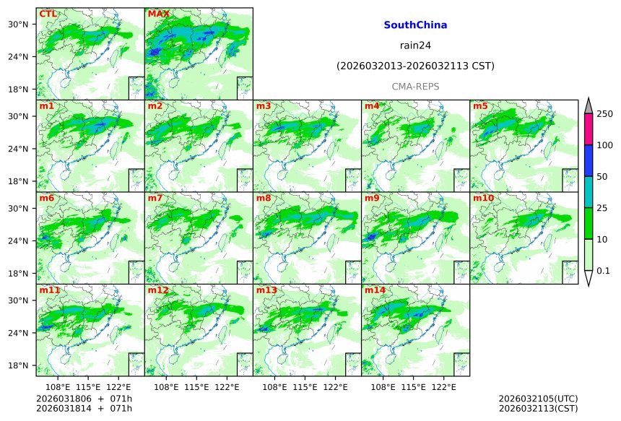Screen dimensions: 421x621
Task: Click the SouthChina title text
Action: pos(415,25)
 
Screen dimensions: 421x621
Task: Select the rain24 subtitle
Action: pos(415,45)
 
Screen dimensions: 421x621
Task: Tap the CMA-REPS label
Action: pos(415,87)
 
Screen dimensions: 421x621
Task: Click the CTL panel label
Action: pos(48,14)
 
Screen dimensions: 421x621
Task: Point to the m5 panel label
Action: pos(480,106)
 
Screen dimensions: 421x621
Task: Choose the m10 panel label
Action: pos(484,198)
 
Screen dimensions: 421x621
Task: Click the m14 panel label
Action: pos(375,290)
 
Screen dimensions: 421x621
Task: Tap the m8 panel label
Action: pos(264,198)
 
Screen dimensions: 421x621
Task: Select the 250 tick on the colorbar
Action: pos(604,114)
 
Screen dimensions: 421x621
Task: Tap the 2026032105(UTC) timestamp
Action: pos(538,399)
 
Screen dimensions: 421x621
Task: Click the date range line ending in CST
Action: pos(415,66)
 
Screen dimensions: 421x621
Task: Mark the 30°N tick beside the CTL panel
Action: pos(23,25)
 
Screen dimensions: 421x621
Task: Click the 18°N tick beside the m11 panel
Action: pos(23,366)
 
